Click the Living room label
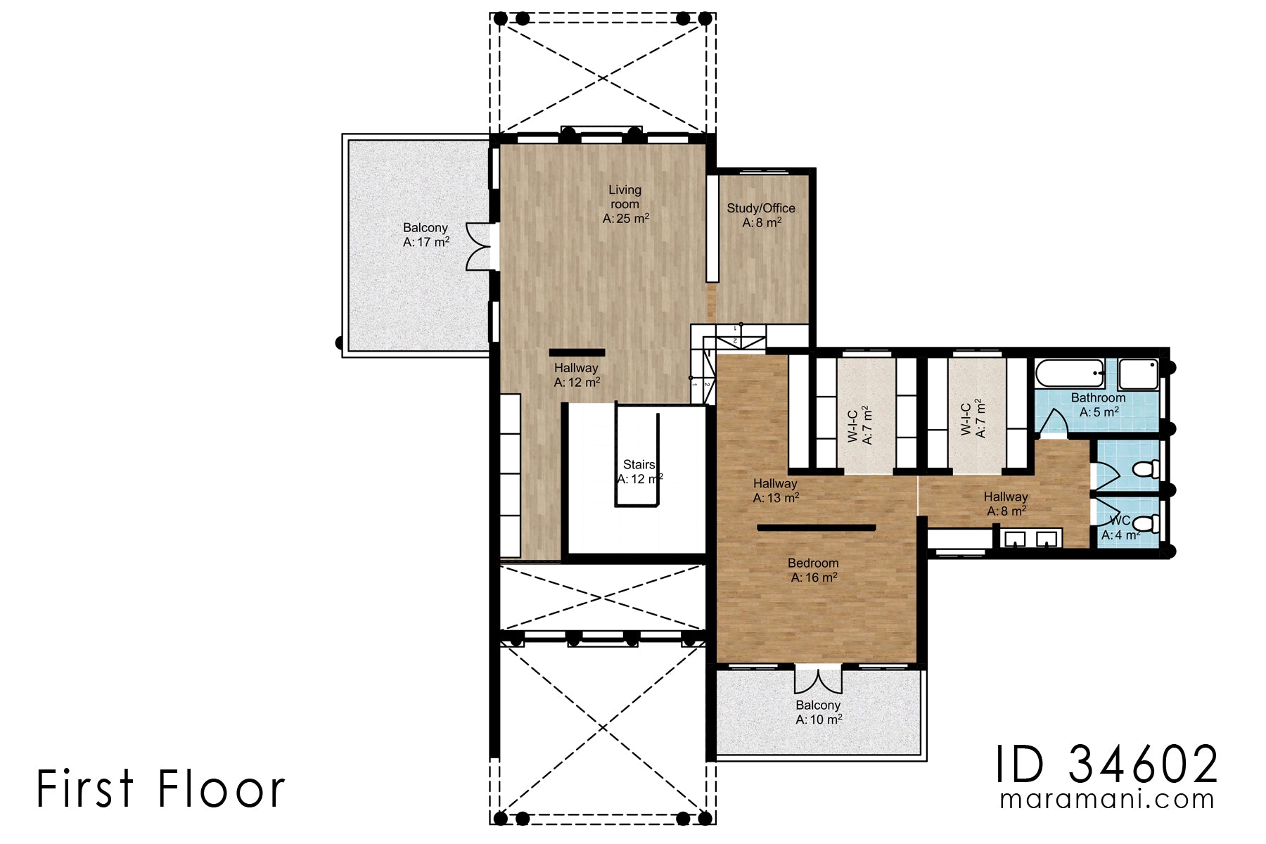(x=625, y=204)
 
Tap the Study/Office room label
(x=761, y=215)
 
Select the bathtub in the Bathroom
(x=1070, y=373)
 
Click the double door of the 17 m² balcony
(x=480, y=247)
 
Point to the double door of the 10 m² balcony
(x=818, y=679)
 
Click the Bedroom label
(x=813, y=570)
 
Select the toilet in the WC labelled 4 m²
(x=1147, y=523)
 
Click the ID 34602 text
(x=1106, y=765)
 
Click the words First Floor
(x=160, y=788)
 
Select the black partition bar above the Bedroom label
(x=816, y=527)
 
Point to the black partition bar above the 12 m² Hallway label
(x=577, y=352)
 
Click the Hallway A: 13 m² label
(x=775, y=491)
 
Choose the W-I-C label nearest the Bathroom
(x=973, y=419)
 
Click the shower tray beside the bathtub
(x=1138, y=374)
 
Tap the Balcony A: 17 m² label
(x=426, y=235)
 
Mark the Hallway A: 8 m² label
(x=1006, y=504)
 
